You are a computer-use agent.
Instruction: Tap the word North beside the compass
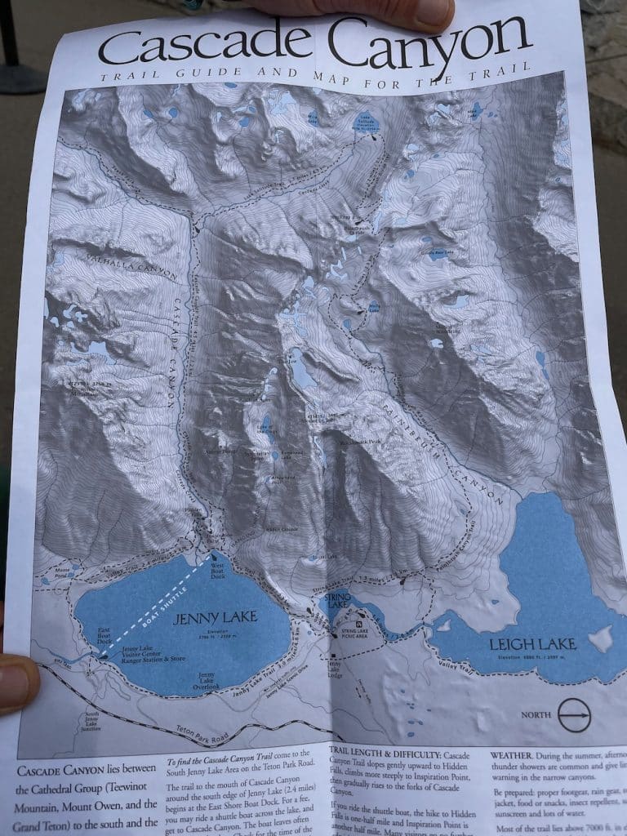[x=536, y=715]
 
